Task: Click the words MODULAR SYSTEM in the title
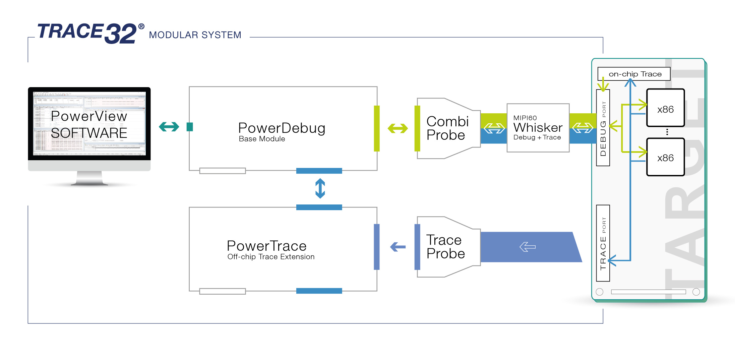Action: click(195, 35)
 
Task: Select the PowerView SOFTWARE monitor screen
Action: click(89, 124)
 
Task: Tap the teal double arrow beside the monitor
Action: click(169, 127)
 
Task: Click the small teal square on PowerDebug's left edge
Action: click(190, 127)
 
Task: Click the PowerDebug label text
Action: click(282, 128)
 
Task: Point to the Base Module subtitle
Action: click(262, 139)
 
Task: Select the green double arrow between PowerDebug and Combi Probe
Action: click(397, 128)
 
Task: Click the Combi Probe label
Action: click(447, 128)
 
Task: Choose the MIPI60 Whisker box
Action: click(538, 128)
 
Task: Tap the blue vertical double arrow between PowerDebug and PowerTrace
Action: click(320, 188)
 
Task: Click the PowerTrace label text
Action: click(266, 246)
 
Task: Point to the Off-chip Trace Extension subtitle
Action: click(271, 257)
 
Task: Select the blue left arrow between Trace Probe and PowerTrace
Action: click(398, 247)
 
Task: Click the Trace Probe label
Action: click(445, 247)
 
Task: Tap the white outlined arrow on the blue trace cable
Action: click(527, 247)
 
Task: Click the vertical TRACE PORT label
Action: click(603, 243)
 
